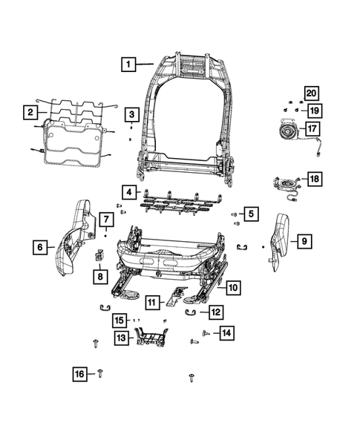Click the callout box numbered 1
[128, 65]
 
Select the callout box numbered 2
[30, 113]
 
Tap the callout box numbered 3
[131, 114]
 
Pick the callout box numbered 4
[129, 193]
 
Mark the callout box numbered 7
[106, 220]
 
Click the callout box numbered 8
[99, 277]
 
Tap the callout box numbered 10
[232, 287]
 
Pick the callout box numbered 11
[152, 302]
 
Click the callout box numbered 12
[215, 313]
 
